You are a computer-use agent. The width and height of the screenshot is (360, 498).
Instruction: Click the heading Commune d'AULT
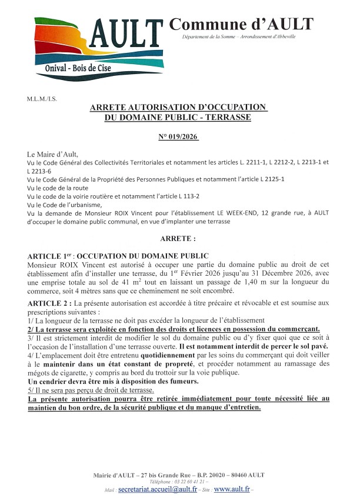pos(241,25)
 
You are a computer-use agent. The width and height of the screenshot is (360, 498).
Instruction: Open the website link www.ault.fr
pos(231,489)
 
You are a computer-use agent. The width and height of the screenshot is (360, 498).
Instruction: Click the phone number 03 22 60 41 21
pos(179,482)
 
